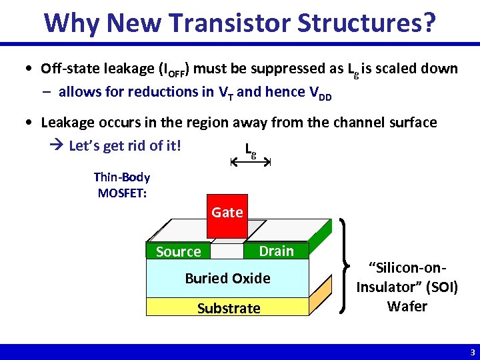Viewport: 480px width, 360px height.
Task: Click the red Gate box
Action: click(227, 215)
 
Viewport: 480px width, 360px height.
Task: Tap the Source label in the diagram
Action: click(178, 251)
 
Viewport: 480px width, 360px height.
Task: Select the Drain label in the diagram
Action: click(276, 251)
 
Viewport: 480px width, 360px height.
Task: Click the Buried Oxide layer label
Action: click(227, 278)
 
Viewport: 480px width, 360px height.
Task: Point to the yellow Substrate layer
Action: click(228, 308)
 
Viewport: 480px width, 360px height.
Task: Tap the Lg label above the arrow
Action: click(250, 149)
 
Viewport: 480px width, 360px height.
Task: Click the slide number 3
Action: click(472, 352)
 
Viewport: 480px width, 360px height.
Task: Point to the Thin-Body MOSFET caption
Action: click(122, 185)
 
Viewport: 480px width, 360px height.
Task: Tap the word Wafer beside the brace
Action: click(407, 307)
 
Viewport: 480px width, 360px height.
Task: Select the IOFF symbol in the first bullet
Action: click(175, 70)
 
